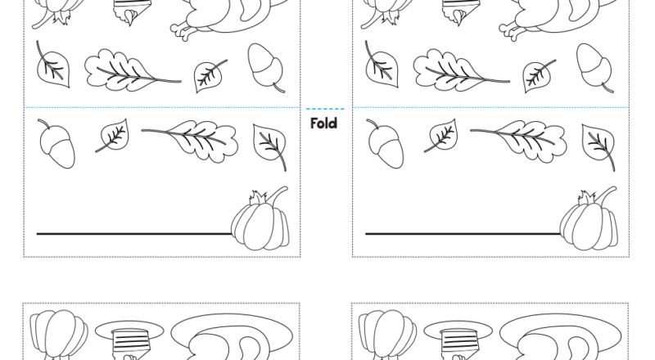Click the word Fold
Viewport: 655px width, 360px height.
[x=324, y=124]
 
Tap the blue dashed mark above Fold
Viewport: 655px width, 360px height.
[x=325, y=109]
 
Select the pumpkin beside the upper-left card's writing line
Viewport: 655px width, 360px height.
[x=260, y=218]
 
